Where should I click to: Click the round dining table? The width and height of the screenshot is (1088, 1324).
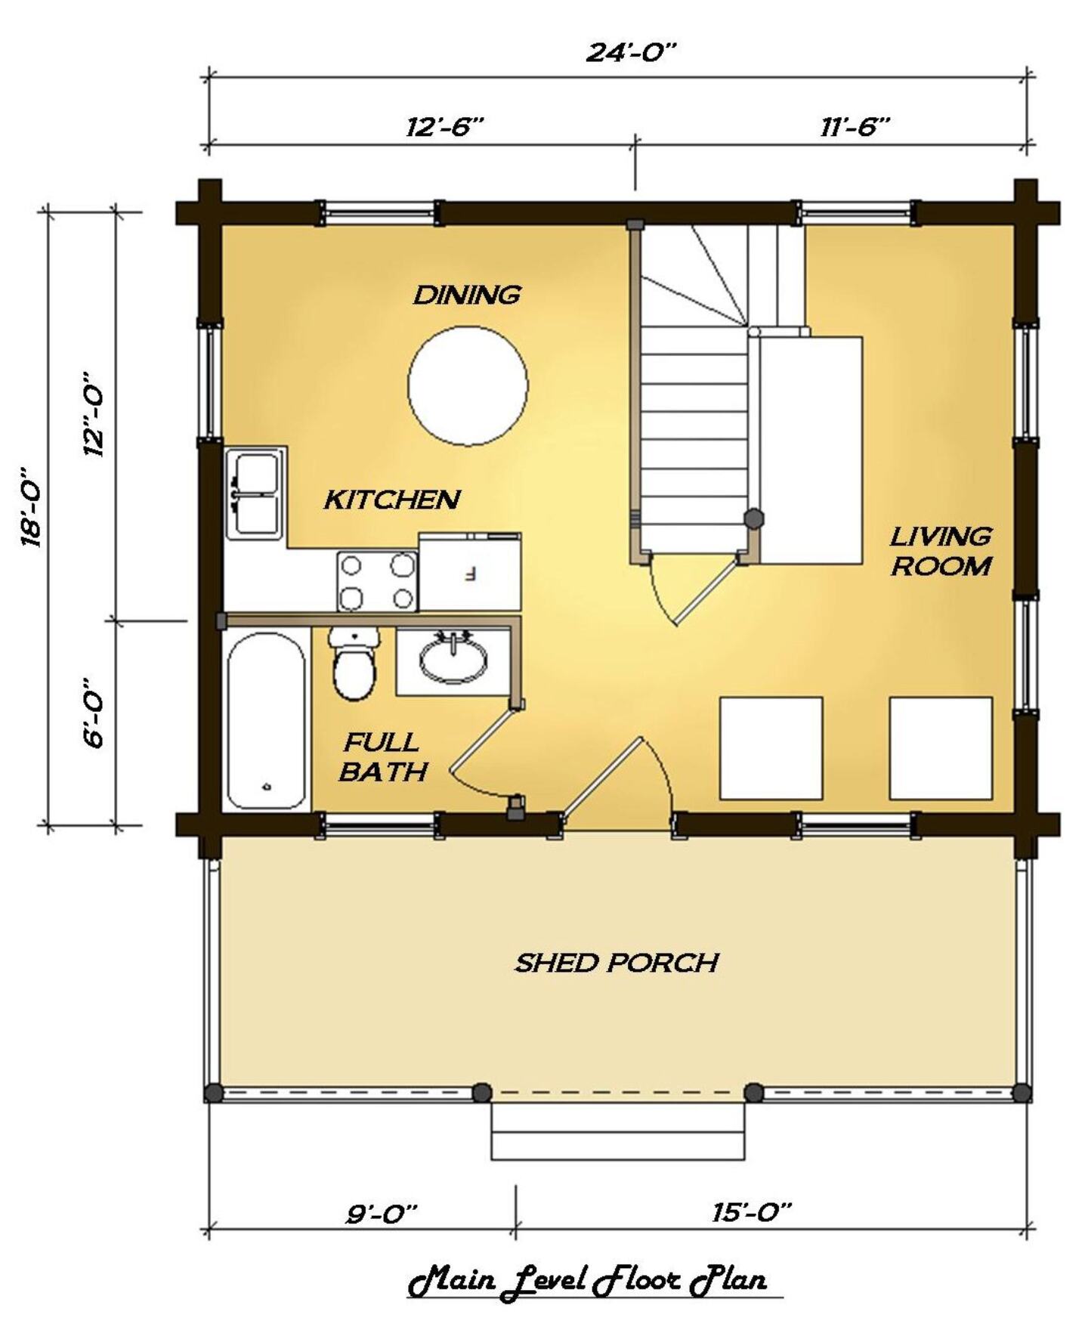[468, 385]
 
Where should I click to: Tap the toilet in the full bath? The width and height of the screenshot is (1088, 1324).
[354, 664]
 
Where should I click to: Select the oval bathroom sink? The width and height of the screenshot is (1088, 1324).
[453, 659]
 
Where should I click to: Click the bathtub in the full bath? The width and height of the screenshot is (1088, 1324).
[267, 721]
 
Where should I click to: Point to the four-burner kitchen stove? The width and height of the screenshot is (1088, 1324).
[377, 580]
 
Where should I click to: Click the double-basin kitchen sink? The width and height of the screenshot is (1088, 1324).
[255, 493]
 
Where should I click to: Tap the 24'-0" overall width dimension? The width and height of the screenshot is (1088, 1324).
[631, 52]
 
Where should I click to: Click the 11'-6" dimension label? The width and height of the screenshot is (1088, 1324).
[855, 126]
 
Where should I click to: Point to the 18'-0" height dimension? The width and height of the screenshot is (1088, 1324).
[32, 506]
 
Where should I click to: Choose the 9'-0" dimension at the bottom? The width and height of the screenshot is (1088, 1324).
[382, 1214]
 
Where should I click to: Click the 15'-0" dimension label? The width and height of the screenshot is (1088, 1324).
[751, 1212]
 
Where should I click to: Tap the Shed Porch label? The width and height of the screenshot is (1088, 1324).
[617, 963]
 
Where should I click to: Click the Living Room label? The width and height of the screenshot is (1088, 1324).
[941, 551]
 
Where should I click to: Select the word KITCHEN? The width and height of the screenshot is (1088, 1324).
[392, 500]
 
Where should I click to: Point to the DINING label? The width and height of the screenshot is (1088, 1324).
[467, 294]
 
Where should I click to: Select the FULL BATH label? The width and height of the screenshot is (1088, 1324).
[383, 756]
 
